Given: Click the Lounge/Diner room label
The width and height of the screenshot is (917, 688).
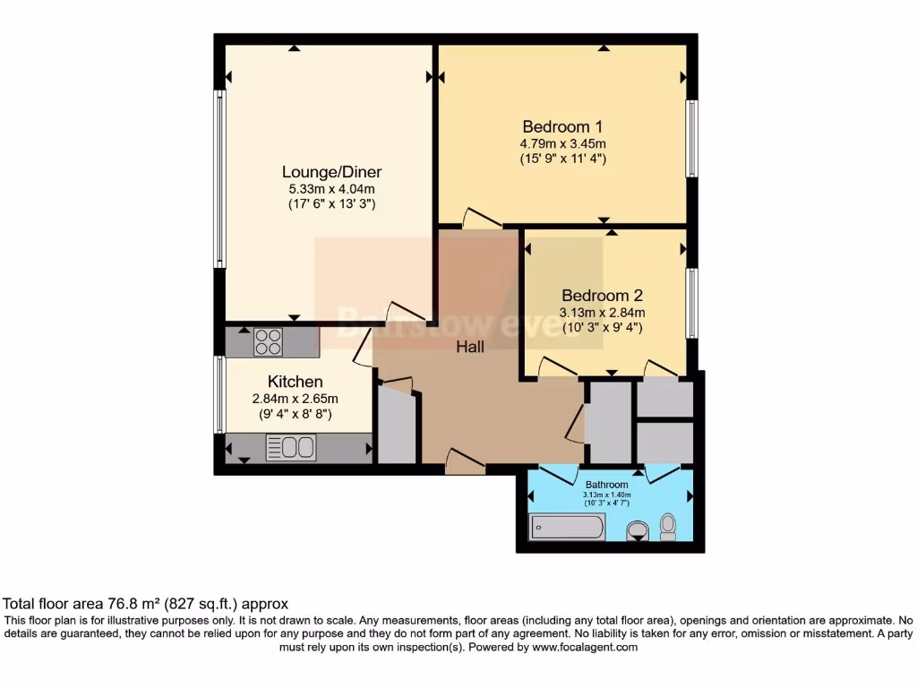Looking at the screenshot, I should (x=331, y=172).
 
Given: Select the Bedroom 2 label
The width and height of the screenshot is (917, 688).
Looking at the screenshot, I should (x=602, y=296).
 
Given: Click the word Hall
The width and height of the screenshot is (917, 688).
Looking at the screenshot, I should (x=470, y=347).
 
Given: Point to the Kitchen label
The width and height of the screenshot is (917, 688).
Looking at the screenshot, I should (x=295, y=383).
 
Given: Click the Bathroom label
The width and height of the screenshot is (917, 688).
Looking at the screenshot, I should (x=607, y=485).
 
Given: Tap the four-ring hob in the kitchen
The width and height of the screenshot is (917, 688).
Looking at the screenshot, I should (x=268, y=342).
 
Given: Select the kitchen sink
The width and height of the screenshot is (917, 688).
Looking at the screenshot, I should (x=292, y=447).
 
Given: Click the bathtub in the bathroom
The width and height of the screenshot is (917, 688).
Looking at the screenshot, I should (x=567, y=528).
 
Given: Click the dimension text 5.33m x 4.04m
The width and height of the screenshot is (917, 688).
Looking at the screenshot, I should (x=331, y=189).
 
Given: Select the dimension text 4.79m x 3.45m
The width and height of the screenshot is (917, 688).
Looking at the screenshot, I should (x=563, y=143).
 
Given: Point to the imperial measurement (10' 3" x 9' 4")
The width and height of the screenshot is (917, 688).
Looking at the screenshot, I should (x=602, y=328).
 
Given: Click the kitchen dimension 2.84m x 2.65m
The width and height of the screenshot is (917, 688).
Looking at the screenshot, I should (x=295, y=399).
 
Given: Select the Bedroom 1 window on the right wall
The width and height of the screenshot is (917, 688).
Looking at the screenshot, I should (x=691, y=138).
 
